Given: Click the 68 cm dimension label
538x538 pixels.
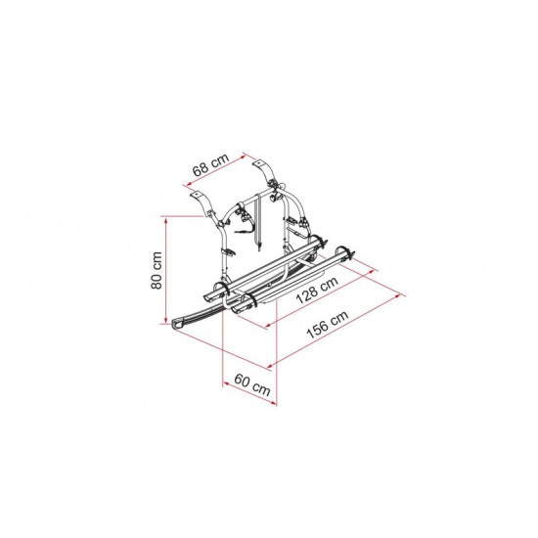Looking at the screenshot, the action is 210,164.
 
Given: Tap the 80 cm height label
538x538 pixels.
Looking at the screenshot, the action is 157,270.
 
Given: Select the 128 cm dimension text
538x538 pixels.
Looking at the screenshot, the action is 317,290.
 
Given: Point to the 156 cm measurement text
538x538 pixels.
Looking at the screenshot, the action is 328,324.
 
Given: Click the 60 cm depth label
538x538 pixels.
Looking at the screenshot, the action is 252,384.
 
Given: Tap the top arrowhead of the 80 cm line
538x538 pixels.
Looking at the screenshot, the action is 166,220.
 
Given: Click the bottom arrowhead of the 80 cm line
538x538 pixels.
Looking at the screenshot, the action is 166,320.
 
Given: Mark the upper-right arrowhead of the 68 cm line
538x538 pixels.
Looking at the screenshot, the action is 243,157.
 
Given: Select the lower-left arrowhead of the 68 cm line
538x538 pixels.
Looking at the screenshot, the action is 187,186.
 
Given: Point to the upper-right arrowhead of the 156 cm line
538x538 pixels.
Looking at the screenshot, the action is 398,295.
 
